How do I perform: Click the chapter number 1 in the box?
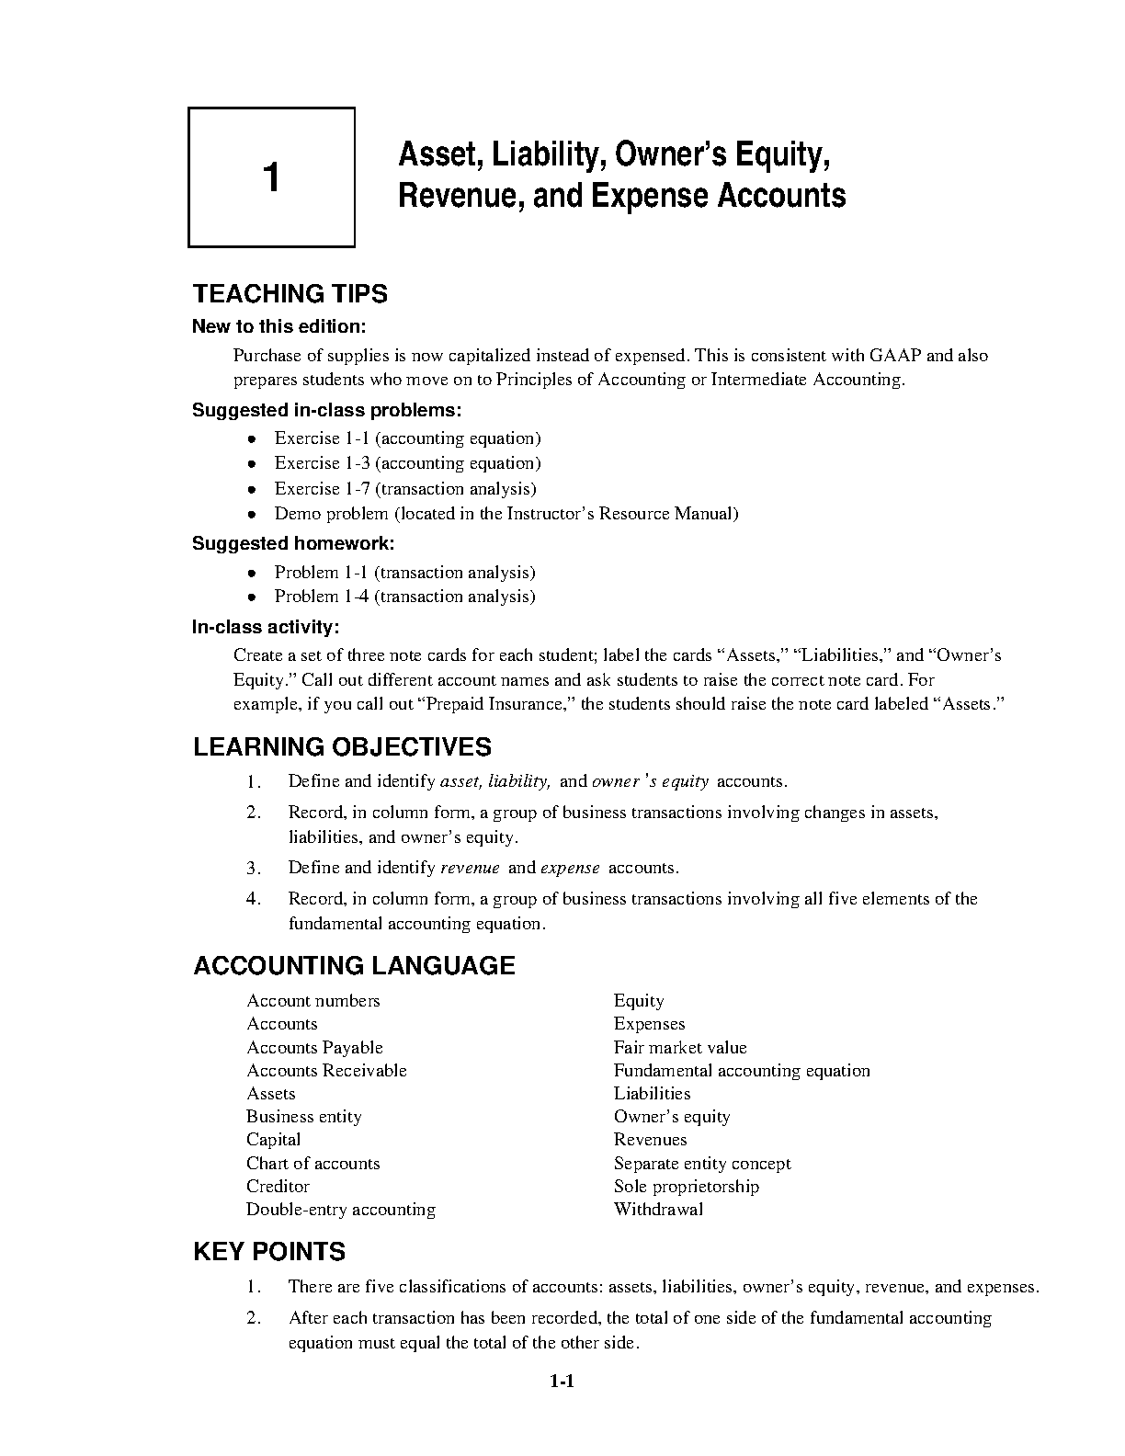click(271, 177)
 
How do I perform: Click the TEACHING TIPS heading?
click(290, 294)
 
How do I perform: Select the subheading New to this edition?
click(278, 326)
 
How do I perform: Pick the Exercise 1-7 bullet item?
click(404, 489)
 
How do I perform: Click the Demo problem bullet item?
click(506, 514)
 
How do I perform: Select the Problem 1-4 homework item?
click(404, 597)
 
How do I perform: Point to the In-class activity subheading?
click(266, 627)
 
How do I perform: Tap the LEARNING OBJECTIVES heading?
click(342, 747)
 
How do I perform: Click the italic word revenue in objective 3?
click(471, 868)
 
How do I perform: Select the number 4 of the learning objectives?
click(254, 899)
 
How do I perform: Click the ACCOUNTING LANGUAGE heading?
click(354, 966)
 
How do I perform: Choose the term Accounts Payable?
click(314, 1048)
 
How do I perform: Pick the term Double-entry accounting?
click(341, 1210)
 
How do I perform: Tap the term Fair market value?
click(680, 1048)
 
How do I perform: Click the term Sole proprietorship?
click(687, 1187)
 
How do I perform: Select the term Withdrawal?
click(658, 1210)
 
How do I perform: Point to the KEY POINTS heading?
click(269, 1252)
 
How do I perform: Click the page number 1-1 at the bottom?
click(562, 1382)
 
